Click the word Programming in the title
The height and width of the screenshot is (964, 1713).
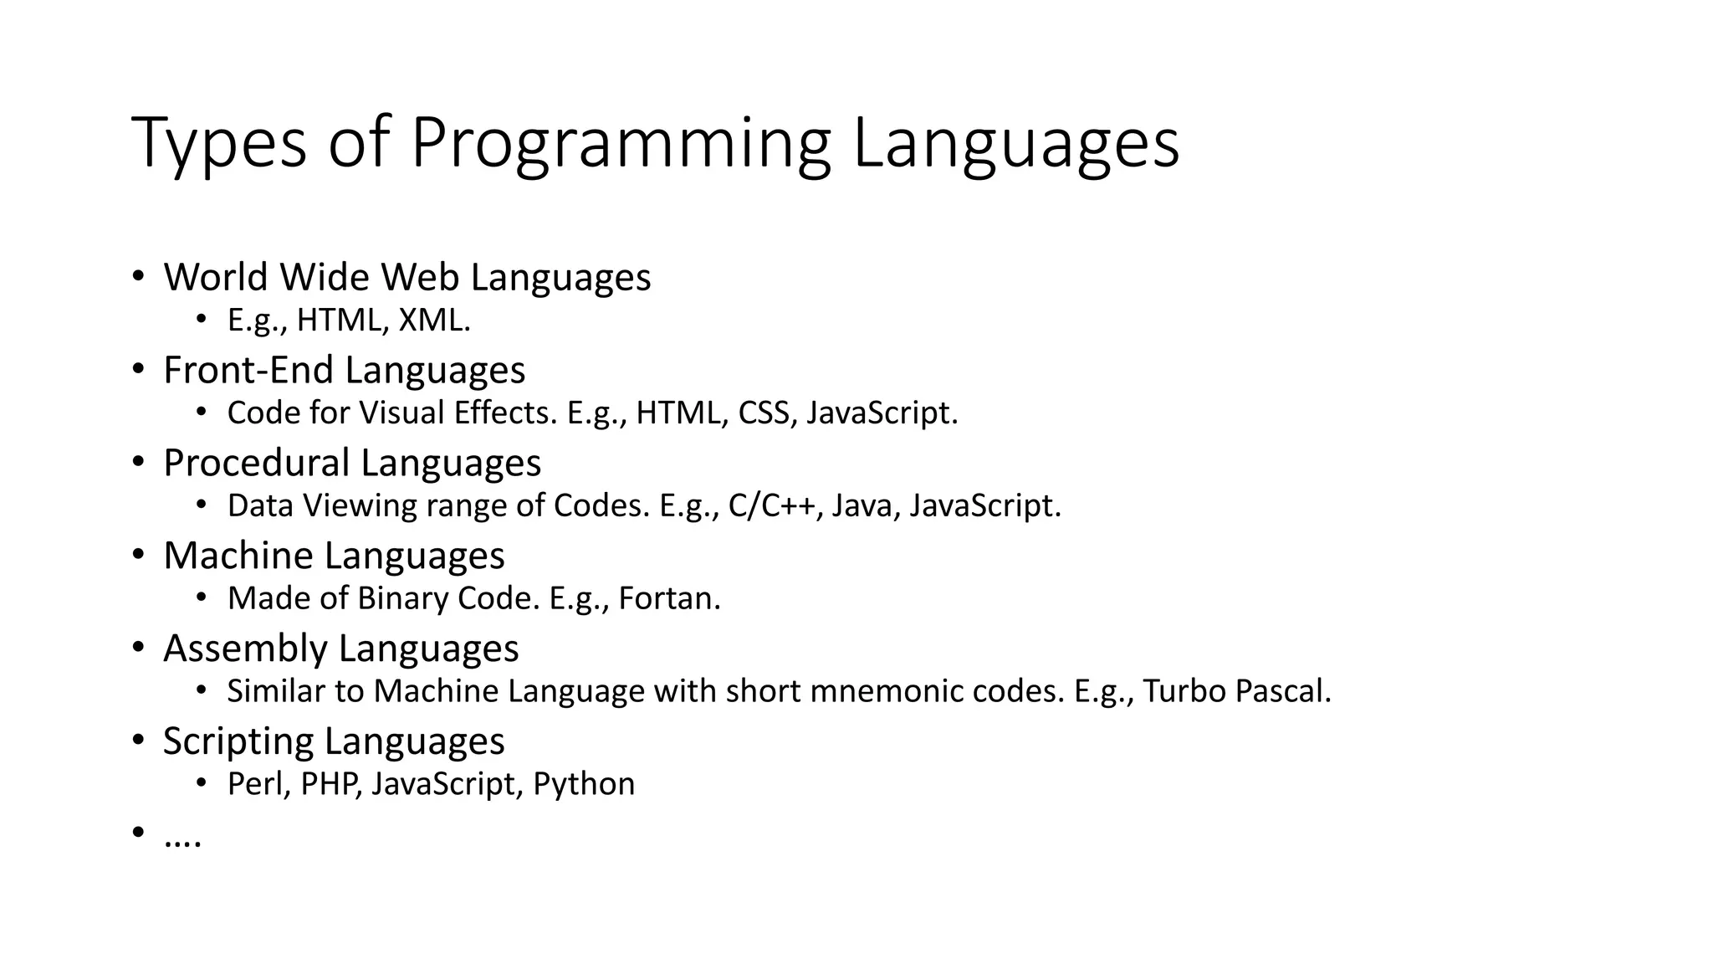[x=620, y=144]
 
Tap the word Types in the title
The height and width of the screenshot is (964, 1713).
[x=219, y=144]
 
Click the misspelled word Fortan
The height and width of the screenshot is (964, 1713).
[x=668, y=599]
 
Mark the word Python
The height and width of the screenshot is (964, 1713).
[x=584, y=785]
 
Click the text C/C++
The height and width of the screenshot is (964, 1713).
[x=775, y=506]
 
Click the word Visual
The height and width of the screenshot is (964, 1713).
[x=401, y=413]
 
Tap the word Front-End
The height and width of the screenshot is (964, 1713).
[x=248, y=370]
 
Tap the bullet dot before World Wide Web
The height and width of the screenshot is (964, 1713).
[x=138, y=276]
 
